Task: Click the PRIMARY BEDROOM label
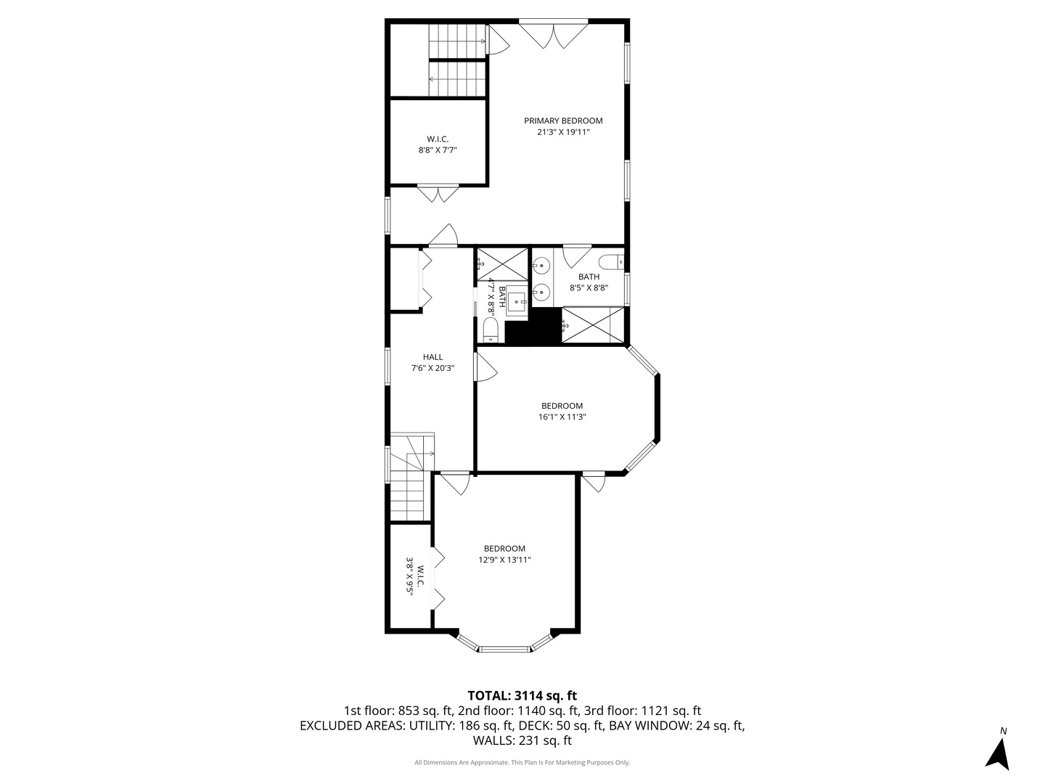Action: tap(563, 121)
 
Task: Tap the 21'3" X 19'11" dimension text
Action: tap(563, 132)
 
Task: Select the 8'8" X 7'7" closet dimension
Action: tap(438, 150)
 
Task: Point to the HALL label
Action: tap(433, 357)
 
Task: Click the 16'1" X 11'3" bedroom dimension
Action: tap(562, 417)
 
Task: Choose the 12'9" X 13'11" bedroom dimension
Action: tap(504, 560)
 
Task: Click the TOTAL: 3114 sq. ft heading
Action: tap(522, 696)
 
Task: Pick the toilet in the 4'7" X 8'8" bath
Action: tap(491, 330)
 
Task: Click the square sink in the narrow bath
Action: tap(516, 301)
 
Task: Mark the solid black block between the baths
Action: tap(533, 326)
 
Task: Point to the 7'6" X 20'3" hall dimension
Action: tap(433, 368)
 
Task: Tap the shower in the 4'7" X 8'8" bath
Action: tap(502, 264)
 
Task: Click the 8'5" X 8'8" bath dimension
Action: tap(589, 288)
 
